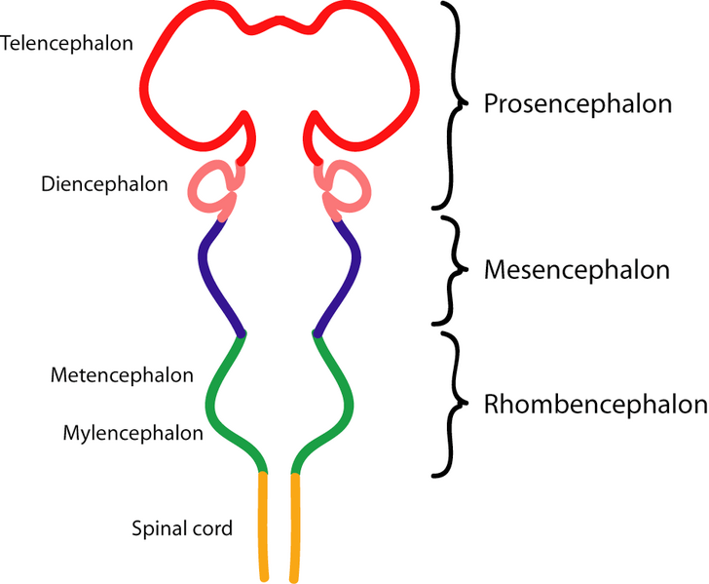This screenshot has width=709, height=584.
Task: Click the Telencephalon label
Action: pyautogui.click(x=67, y=44)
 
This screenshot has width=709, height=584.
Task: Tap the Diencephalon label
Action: pyautogui.click(x=104, y=184)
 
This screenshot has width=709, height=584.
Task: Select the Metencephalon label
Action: pyautogui.click(x=122, y=374)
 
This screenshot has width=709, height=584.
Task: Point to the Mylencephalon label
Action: pyautogui.click(x=132, y=432)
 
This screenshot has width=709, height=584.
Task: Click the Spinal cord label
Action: pyautogui.click(x=182, y=529)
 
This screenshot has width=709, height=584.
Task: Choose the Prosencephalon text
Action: pyautogui.click(x=578, y=104)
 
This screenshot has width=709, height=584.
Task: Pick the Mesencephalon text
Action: pyautogui.click(x=577, y=270)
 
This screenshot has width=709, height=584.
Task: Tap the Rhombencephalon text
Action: pyautogui.click(x=595, y=404)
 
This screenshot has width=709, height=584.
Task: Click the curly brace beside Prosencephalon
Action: pyautogui.click(x=449, y=104)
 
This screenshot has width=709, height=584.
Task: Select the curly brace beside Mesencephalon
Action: pyautogui.click(x=449, y=270)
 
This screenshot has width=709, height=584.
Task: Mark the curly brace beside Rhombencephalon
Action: pyautogui.click(x=449, y=404)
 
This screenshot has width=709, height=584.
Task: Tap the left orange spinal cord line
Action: pyautogui.click(x=263, y=526)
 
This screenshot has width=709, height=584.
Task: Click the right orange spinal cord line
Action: pyautogui.click(x=295, y=526)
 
